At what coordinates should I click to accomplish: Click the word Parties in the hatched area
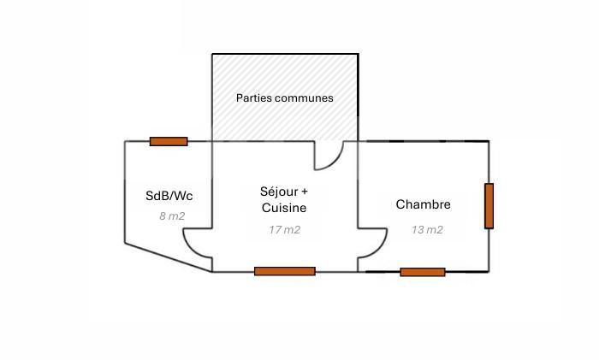[253, 98]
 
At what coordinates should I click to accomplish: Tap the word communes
[303, 98]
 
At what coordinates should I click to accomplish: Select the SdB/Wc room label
[169, 196]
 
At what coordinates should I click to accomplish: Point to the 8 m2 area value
[172, 216]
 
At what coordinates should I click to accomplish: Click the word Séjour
[279, 191]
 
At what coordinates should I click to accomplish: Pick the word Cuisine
[284, 208]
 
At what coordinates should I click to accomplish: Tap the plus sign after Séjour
[304, 191]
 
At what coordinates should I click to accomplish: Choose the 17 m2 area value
[284, 229]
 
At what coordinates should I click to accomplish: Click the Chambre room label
[423, 204]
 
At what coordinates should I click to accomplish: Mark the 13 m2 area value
[427, 229]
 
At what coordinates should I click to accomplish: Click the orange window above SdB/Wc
[169, 141]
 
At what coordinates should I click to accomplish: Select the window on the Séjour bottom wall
[284, 271]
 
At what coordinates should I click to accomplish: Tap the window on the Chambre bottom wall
[423, 272]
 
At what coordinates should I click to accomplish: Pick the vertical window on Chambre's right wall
[489, 206]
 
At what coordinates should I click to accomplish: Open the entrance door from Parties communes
[329, 156]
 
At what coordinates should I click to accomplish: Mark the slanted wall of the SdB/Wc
[168, 257]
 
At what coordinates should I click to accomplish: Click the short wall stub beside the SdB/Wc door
[198, 228]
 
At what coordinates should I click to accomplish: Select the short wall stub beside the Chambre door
[371, 228]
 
